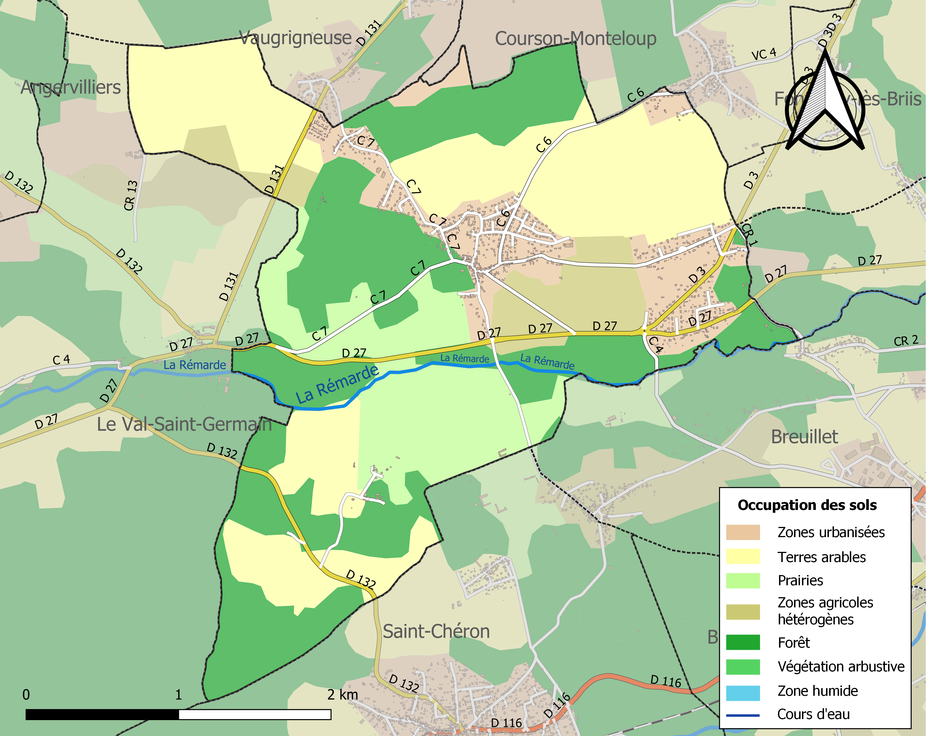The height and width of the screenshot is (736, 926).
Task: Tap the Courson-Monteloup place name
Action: [x=575, y=39]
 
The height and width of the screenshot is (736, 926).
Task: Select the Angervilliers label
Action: [x=71, y=87]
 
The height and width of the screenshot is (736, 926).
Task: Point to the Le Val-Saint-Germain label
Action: [x=184, y=424]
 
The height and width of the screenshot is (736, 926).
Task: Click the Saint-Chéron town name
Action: [x=436, y=631]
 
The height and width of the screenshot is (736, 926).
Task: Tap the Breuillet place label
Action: [x=805, y=437]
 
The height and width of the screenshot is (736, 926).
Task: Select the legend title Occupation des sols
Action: [x=807, y=505]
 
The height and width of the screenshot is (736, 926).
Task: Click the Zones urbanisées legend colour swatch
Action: [x=742, y=532]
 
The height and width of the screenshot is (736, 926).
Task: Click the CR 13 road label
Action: [x=131, y=195]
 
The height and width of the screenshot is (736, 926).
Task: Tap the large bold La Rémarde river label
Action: [x=337, y=384]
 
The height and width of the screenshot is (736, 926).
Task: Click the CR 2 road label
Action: [x=906, y=341]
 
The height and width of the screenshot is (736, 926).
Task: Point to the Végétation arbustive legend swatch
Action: [x=742, y=667]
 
